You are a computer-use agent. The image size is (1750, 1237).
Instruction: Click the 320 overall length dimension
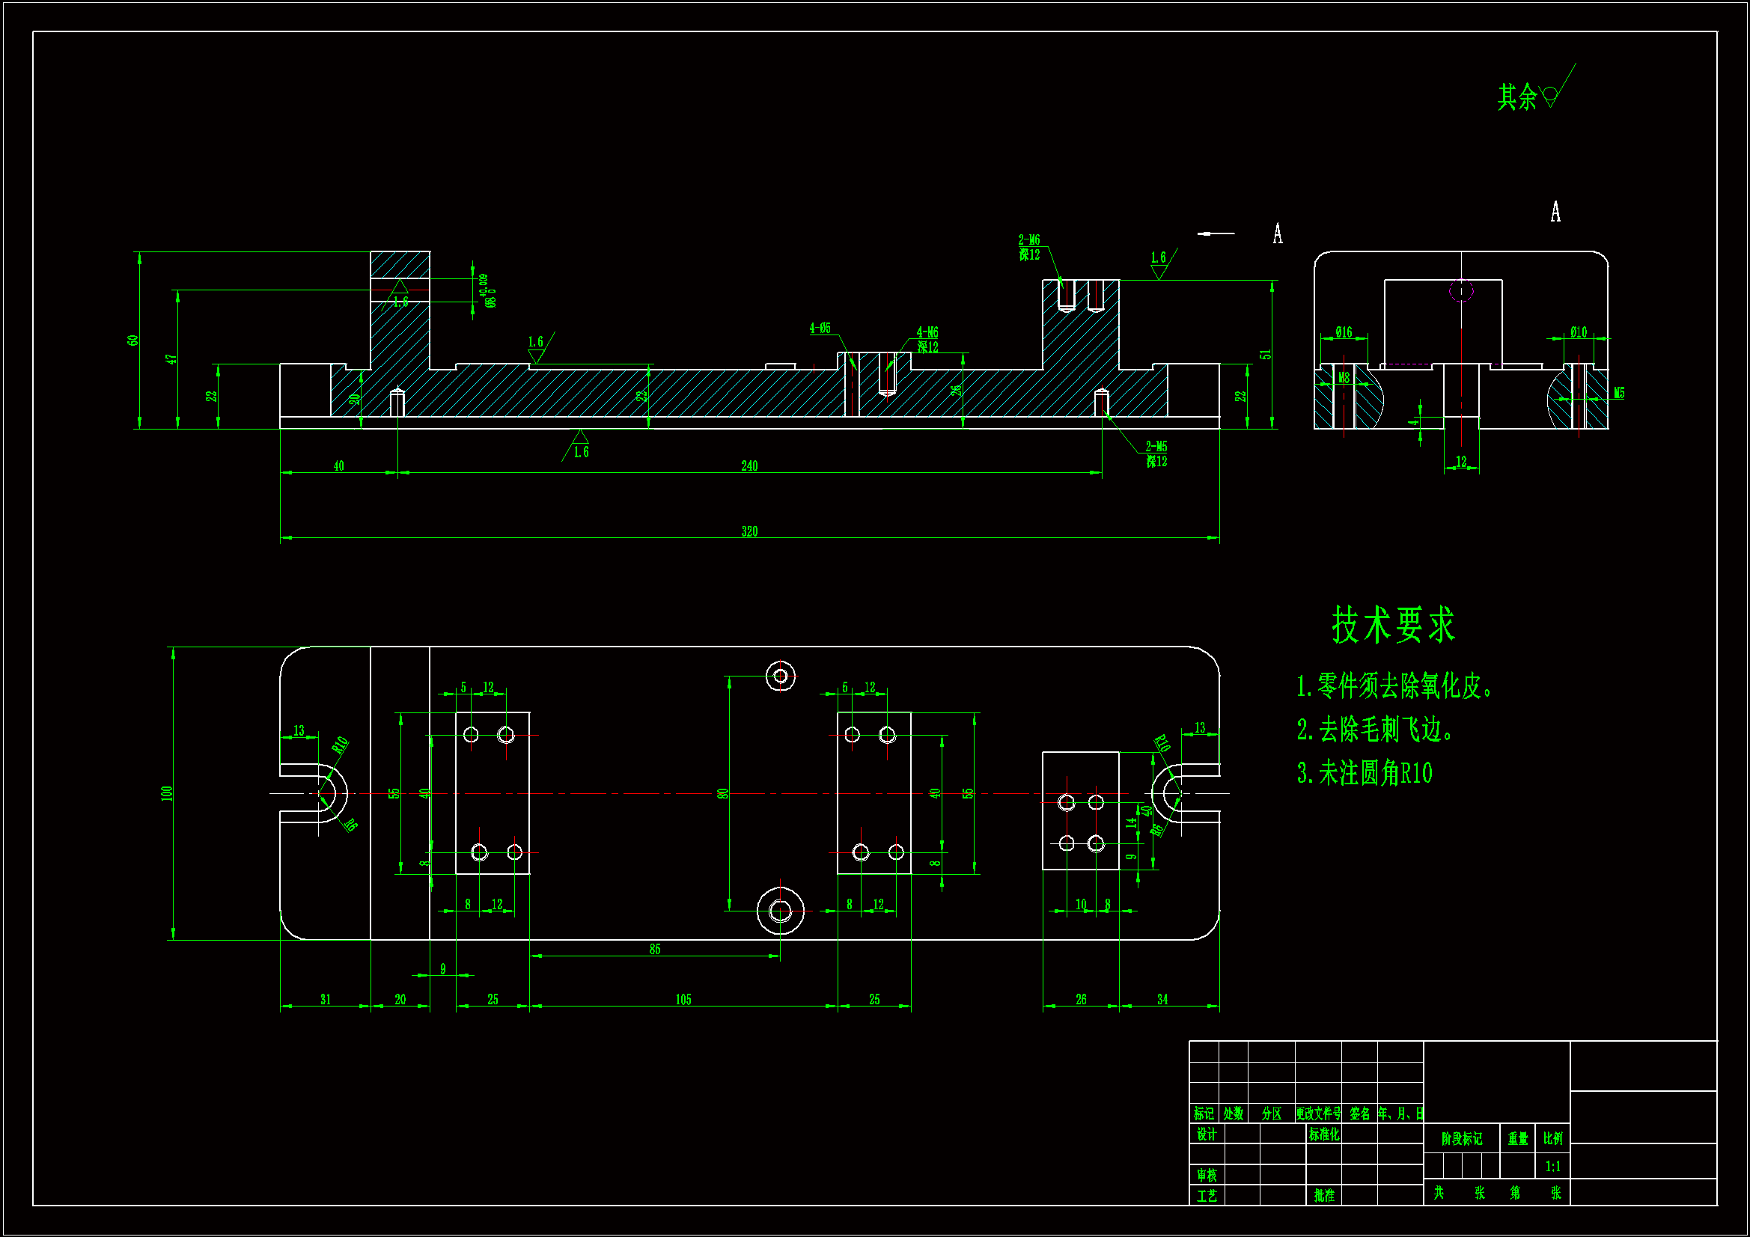(x=749, y=531)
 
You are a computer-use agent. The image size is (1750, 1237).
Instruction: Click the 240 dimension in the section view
(x=749, y=465)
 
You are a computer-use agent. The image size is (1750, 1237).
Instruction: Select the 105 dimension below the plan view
(x=683, y=999)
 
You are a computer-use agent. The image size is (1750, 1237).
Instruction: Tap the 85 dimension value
(x=655, y=949)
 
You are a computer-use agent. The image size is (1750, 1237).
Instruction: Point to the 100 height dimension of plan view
(x=167, y=792)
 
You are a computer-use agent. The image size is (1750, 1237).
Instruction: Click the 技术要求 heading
(x=1393, y=625)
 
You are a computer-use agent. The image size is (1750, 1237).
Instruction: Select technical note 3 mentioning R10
(x=1365, y=773)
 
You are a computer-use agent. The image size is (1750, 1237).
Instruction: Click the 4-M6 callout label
(x=927, y=332)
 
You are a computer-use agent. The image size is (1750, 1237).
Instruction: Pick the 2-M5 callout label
(x=1156, y=447)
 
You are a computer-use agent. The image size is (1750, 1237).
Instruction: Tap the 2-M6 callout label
(x=1029, y=240)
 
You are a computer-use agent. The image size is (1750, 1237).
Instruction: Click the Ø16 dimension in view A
(x=1343, y=332)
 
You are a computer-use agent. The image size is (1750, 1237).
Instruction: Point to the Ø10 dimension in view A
(x=1578, y=332)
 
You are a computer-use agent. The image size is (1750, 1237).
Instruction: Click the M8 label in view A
(x=1344, y=378)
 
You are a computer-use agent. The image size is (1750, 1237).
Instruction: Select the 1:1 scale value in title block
(x=1552, y=1166)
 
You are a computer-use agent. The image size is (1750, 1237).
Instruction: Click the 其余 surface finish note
(x=1516, y=97)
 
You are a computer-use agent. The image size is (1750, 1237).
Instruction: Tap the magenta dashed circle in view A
(x=1461, y=290)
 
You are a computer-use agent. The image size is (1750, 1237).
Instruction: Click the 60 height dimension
(x=133, y=340)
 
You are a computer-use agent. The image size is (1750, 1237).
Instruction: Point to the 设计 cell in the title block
(x=1207, y=1134)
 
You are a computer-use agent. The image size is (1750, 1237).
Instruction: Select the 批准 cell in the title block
(x=1324, y=1195)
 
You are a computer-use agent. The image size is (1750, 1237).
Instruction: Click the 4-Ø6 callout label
(x=820, y=329)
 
